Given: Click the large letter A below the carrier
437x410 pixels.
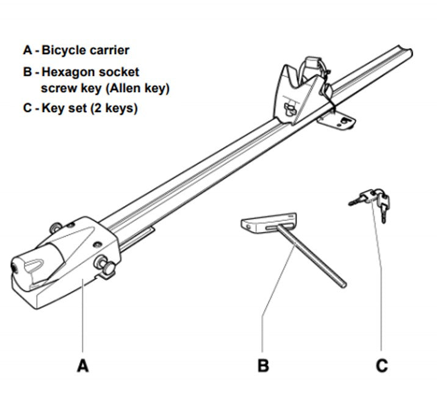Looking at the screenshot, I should point(83,365).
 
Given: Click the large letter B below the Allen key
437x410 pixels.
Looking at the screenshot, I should point(262,365).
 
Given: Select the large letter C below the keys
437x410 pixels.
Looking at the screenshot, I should point(381,365).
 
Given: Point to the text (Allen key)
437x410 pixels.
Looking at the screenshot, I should point(137,88).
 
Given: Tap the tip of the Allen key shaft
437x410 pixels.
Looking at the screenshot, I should point(342,283).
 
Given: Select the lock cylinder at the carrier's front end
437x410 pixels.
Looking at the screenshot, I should point(13,268).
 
